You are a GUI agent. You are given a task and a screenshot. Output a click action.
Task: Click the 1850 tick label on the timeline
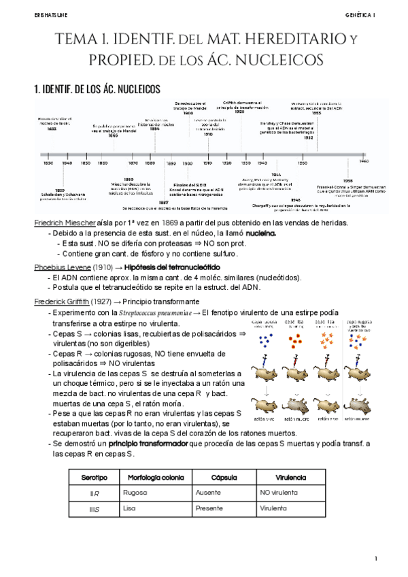coord(85,163)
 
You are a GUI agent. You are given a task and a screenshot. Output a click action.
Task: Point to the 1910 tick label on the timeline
coord(208,163)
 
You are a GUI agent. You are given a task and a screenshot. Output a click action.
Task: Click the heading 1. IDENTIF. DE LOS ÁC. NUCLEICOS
coord(97,89)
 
